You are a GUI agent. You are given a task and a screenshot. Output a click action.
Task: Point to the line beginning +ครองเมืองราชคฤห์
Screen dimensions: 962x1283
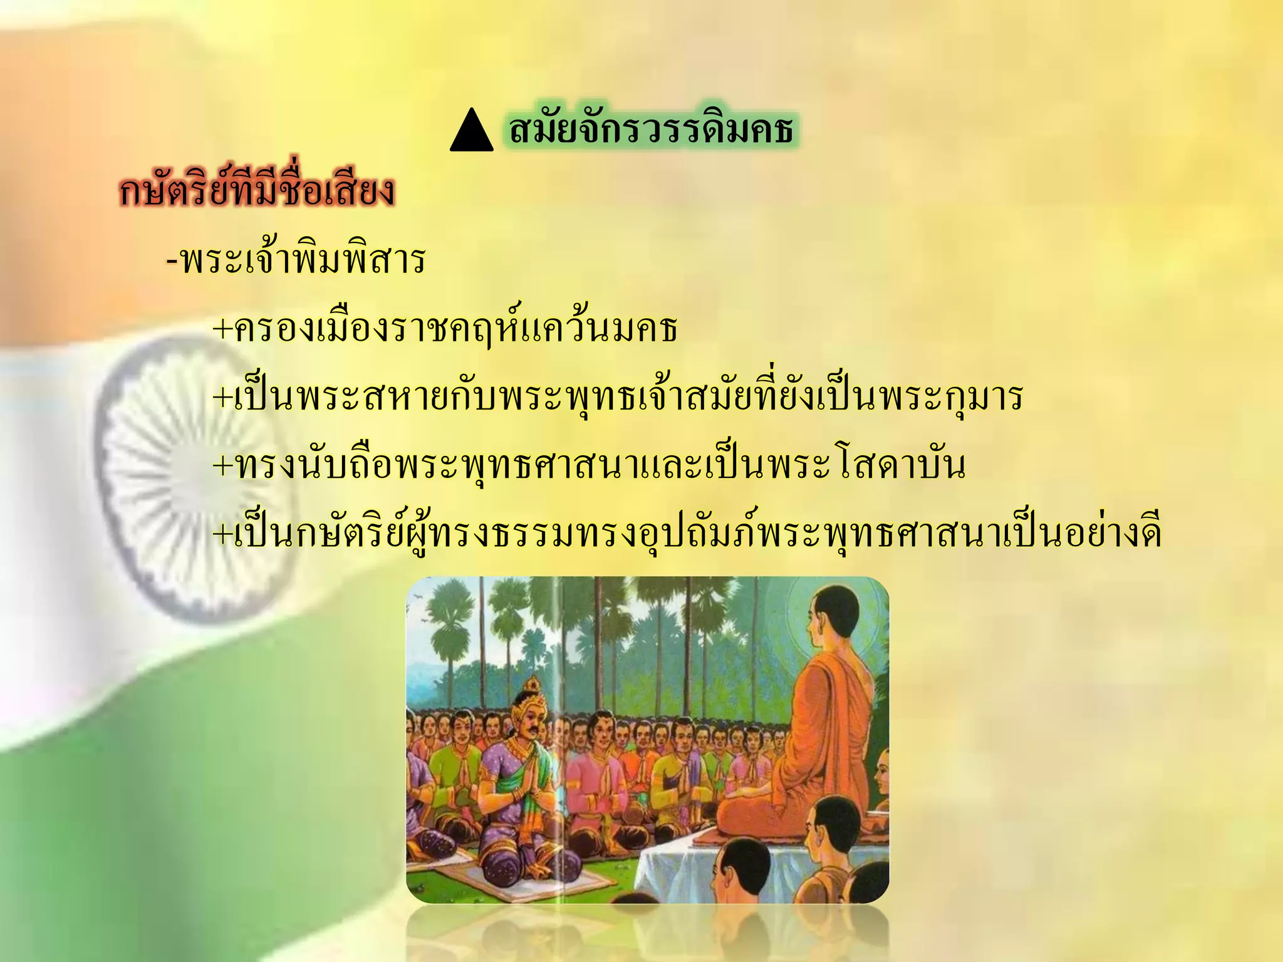(x=445, y=328)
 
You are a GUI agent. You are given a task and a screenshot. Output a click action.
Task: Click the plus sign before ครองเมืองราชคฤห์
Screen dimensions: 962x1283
(x=222, y=329)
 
